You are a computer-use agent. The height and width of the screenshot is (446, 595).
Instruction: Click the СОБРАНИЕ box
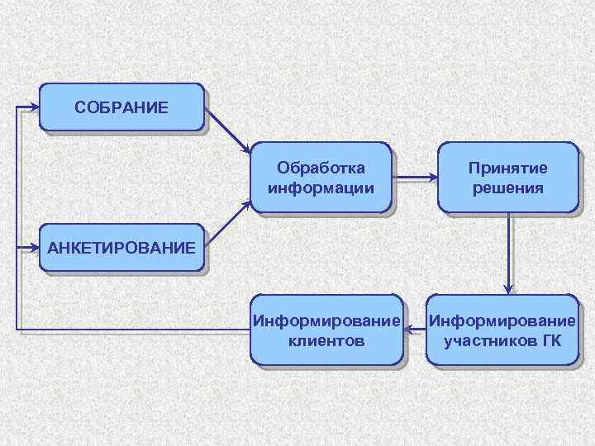(121, 107)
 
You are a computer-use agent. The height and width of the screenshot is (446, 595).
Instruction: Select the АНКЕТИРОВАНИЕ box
(121, 247)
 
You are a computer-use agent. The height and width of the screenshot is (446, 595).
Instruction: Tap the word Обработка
(321, 168)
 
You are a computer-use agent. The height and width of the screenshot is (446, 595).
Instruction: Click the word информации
(321, 187)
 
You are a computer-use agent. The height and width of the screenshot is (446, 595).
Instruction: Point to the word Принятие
(507, 168)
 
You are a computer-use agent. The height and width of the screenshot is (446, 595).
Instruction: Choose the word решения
(507, 187)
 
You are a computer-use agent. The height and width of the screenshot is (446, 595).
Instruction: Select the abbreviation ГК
(550, 339)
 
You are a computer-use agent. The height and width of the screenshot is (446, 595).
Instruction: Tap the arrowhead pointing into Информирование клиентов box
(409, 330)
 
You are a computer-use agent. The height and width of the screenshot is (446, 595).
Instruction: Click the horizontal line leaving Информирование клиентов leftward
(132, 330)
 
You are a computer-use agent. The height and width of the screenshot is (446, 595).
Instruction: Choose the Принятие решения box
(507, 178)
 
